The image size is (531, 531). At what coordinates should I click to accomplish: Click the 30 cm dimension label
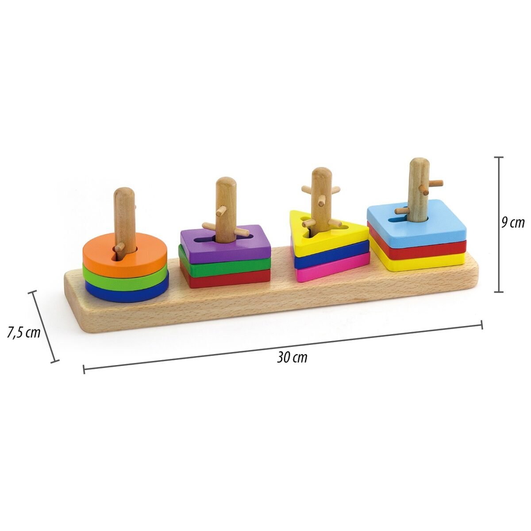click(292, 357)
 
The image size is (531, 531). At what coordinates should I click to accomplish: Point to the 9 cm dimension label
click(513, 223)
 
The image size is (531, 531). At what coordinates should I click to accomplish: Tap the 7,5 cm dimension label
click(23, 332)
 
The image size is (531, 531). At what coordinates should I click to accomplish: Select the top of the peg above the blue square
click(418, 164)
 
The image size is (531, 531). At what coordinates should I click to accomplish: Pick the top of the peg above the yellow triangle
click(321, 173)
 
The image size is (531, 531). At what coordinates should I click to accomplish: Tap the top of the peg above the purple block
click(226, 183)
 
